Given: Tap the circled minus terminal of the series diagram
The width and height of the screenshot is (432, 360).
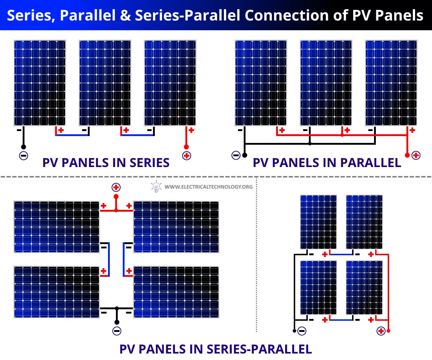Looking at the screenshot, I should [x=23, y=156].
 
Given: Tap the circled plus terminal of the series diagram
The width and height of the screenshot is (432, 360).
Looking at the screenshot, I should [x=186, y=156].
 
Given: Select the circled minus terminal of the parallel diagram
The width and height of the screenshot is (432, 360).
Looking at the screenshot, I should [x=236, y=156].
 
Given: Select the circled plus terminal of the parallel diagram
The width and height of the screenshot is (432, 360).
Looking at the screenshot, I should [x=416, y=156].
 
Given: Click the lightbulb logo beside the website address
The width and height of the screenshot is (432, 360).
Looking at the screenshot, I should [x=156, y=187].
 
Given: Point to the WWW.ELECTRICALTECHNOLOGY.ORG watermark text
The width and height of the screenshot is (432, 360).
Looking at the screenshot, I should [x=208, y=187].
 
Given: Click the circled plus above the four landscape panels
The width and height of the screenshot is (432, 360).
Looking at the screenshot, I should [x=116, y=187].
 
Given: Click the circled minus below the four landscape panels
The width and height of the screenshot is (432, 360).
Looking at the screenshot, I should [x=117, y=330].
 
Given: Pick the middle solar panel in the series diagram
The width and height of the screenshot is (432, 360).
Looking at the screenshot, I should [x=105, y=83].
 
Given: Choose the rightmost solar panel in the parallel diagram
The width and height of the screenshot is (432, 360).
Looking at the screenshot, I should [x=391, y=83].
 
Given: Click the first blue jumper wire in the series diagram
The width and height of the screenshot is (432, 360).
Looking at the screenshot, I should [x=72, y=135].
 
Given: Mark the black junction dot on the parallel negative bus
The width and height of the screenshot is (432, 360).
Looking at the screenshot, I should [x=310, y=144].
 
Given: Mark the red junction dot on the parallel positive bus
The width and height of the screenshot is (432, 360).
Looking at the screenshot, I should [x=342, y=135].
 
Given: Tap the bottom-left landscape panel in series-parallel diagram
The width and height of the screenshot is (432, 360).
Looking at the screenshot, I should [x=57, y=292].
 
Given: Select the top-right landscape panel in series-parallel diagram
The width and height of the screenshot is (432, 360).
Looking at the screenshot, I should [x=176, y=227].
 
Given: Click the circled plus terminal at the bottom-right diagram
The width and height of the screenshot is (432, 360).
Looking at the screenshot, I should [x=381, y=331].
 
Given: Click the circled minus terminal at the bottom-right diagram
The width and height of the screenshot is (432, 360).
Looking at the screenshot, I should [x=302, y=331].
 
